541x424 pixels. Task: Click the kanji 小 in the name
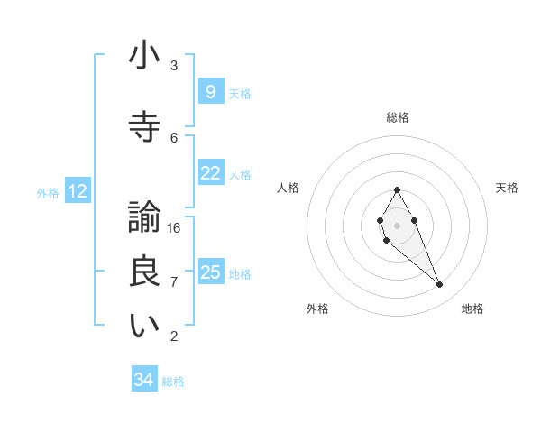pyautogui.click(x=144, y=56)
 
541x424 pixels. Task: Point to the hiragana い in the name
pyautogui.click(x=144, y=327)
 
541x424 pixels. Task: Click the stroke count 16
pyautogui.click(x=174, y=228)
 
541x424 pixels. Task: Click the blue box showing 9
pyautogui.click(x=210, y=92)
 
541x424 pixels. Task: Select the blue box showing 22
pyautogui.click(x=210, y=173)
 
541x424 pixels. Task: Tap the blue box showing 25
pyautogui.click(x=210, y=272)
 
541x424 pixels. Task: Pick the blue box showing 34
pyautogui.click(x=143, y=380)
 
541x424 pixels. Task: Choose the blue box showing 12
pyautogui.click(x=77, y=191)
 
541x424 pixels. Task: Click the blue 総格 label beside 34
pyautogui.click(x=173, y=382)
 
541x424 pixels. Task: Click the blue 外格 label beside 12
pyautogui.click(x=48, y=192)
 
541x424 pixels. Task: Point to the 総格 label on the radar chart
pyautogui.click(x=398, y=117)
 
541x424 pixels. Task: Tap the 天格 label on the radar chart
pyautogui.click(x=508, y=188)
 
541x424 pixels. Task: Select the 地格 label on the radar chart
pyautogui.click(x=472, y=309)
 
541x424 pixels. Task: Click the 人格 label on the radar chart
pyautogui.click(x=289, y=188)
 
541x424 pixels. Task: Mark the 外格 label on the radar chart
pyautogui.click(x=317, y=309)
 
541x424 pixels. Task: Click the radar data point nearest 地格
pyautogui.click(x=440, y=285)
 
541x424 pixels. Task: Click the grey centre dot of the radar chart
pyautogui.click(x=397, y=225)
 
